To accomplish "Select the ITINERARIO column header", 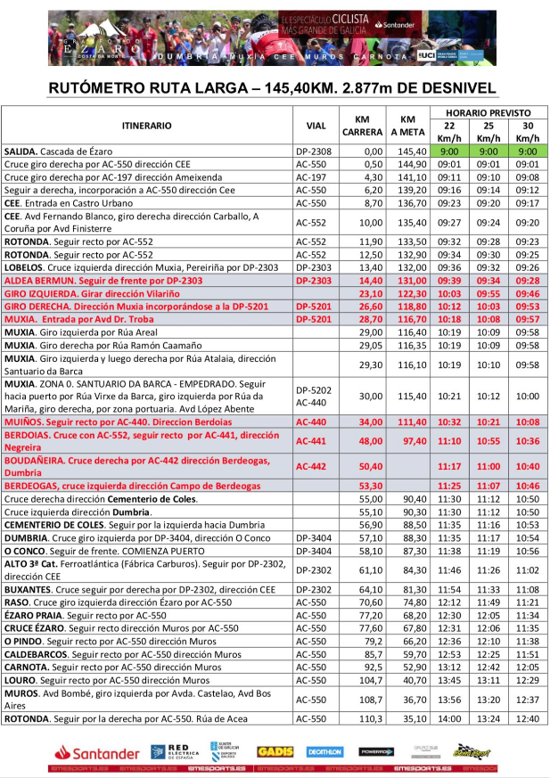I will [146, 126].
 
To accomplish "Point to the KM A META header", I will [407, 126].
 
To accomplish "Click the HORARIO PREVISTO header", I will [488, 113].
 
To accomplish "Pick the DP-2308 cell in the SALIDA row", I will [314, 152].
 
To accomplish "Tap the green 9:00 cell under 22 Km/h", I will [449, 152].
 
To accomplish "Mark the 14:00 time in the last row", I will [449, 718].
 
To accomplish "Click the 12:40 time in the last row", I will [528, 718].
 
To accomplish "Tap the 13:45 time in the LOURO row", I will [449, 678].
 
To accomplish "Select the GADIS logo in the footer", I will [275, 751].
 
